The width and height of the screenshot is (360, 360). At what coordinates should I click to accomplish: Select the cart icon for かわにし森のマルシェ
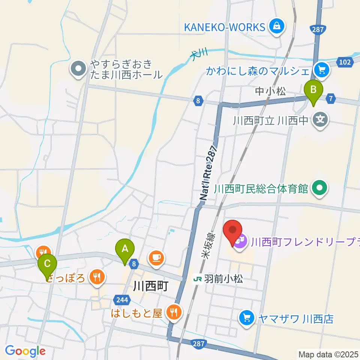(322, 69)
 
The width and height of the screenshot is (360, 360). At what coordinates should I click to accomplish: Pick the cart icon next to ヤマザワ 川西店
(247, 318)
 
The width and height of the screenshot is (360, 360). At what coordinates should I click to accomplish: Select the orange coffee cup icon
(156, 258)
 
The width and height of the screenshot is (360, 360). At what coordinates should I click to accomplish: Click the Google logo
(25, 351)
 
